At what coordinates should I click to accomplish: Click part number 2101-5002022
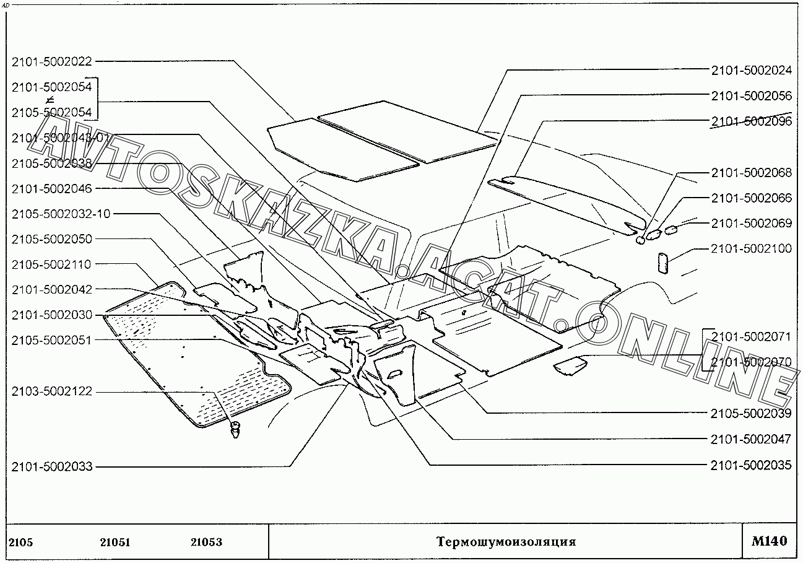51,61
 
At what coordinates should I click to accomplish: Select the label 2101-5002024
751,70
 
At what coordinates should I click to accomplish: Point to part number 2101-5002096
751,121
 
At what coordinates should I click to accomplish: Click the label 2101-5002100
751,248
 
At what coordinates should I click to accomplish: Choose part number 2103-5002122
51,391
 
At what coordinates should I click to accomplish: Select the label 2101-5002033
51,466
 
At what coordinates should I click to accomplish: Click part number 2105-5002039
751,413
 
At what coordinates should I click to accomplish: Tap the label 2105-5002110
51,264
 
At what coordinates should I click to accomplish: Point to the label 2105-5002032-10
61,214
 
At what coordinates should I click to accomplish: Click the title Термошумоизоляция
506,542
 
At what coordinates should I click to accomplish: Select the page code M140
770,541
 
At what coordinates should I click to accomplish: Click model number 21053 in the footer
206,543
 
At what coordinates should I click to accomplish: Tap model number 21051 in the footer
115,543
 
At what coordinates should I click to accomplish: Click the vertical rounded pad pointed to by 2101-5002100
661,263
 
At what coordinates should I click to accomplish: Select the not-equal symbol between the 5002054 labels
51,100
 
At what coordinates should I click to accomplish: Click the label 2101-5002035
751,465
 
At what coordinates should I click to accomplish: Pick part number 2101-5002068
751,173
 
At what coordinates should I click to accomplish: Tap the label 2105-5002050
51,239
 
